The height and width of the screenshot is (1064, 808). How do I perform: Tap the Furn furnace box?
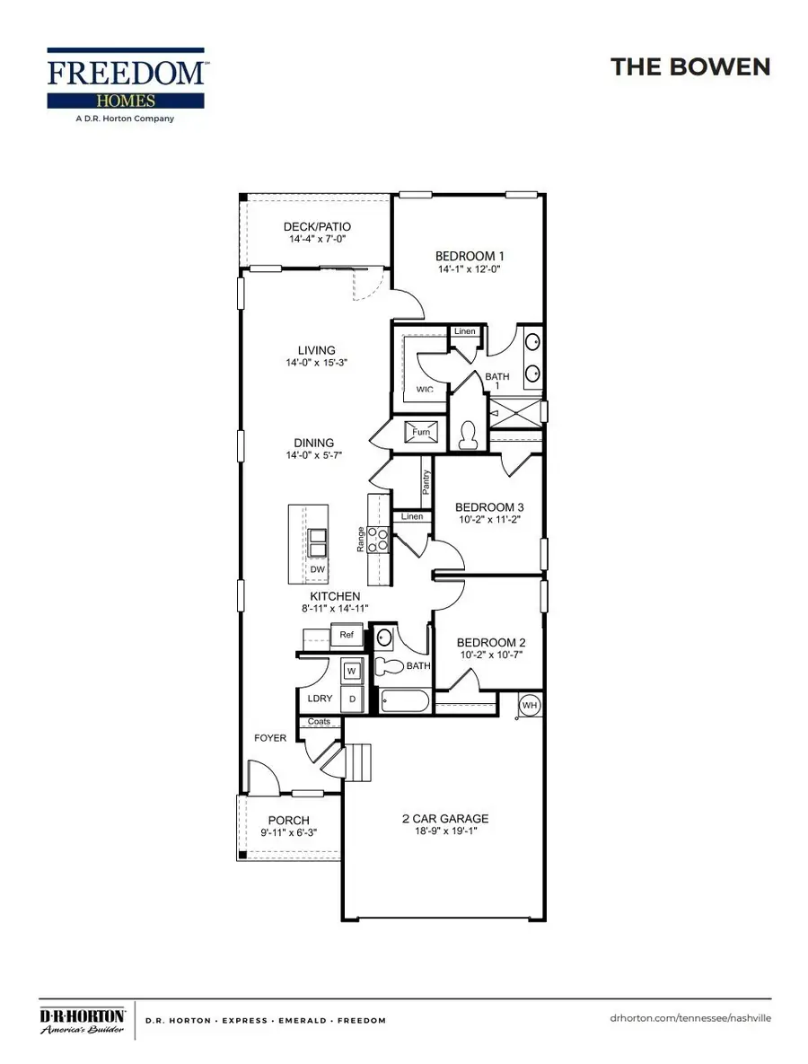click(x=421, y=432)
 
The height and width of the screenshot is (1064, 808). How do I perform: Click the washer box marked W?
click(x=351, y=672)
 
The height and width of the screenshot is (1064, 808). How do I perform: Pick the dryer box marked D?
click(x=351, y=698)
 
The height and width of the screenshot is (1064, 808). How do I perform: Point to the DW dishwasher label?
click(x=317, y=569)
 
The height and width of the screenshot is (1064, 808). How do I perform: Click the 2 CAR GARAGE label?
click(x=444, y=818)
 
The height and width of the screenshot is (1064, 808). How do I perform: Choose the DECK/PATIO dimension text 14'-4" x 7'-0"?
click(x=317, y=241)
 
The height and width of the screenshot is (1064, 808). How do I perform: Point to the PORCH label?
click(x=289, y=820)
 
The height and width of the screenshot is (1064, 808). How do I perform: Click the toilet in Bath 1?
click(x=467, y=435)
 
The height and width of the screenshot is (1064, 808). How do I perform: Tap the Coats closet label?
click(x=319, y=721)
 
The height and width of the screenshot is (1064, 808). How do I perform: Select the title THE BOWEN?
click(x=689, y=66)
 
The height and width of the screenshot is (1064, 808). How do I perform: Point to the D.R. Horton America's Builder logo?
click(x=83, y=1020)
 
